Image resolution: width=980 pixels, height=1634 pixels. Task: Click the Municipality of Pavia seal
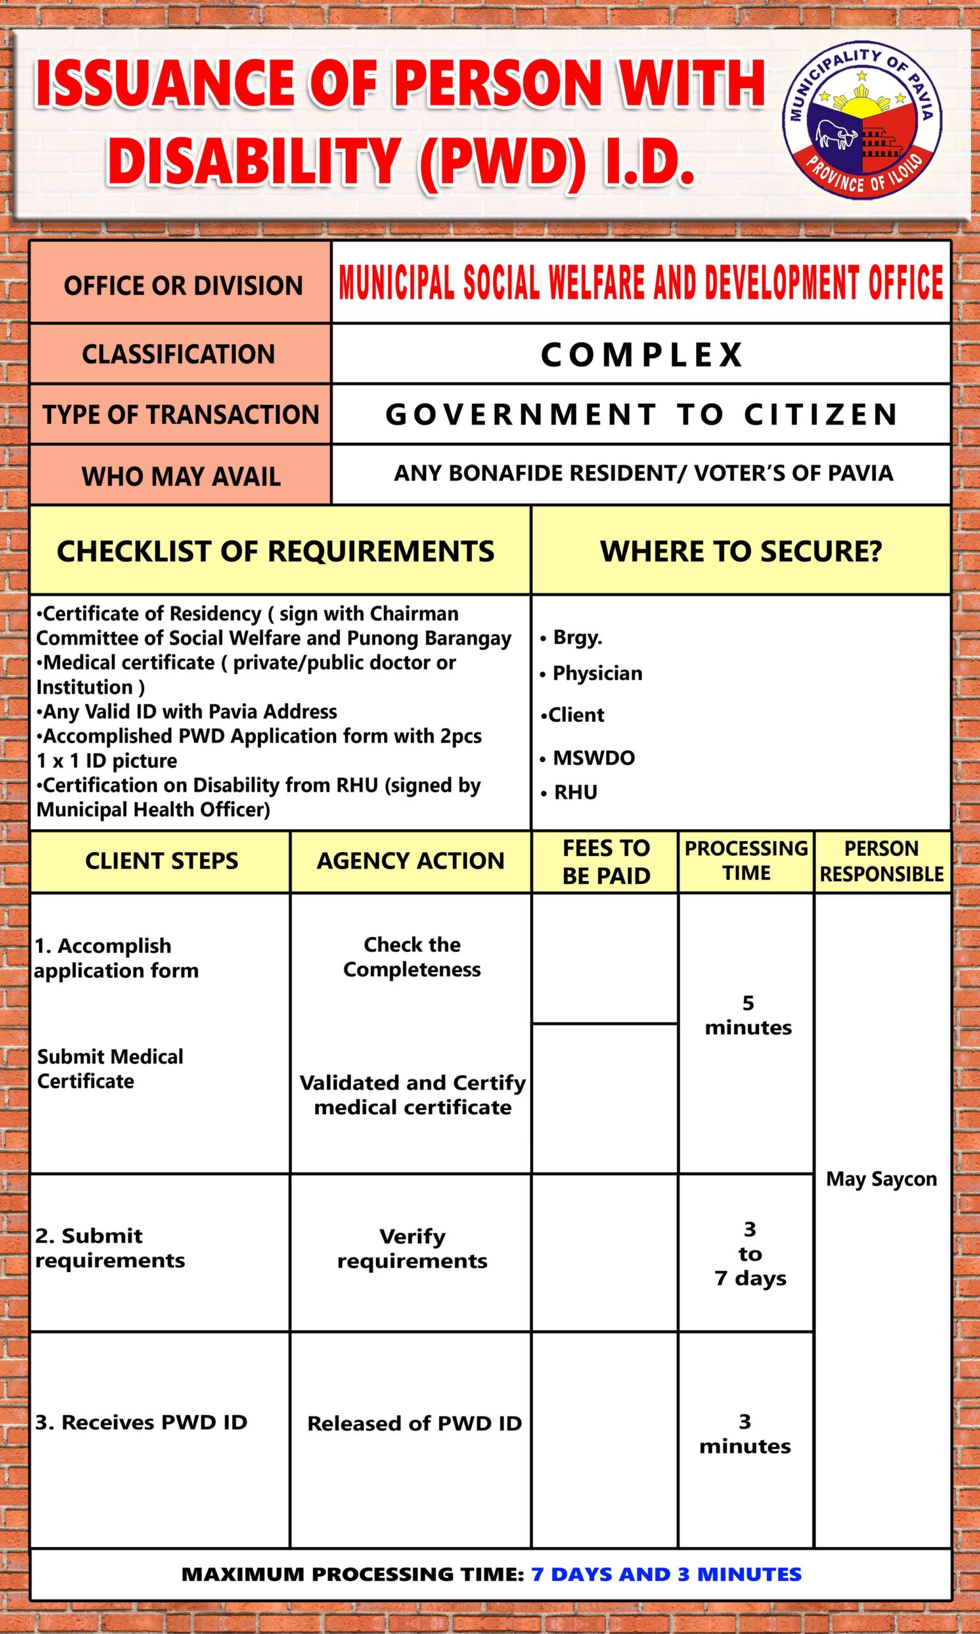click(862, 124)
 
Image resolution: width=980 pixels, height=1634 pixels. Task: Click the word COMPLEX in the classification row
click(641, 355)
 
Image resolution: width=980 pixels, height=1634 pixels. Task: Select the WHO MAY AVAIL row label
click(181, 476)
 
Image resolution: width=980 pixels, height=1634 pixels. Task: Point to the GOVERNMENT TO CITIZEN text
click(641, 415)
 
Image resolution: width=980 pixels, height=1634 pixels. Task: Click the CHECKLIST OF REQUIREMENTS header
click(276, 551)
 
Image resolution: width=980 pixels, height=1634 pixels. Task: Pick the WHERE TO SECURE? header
click(741, 551)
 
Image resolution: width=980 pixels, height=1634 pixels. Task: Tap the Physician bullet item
click(597, 673)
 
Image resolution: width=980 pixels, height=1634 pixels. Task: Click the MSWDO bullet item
click(593, 758)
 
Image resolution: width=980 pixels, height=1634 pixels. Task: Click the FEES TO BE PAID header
click(605, 861)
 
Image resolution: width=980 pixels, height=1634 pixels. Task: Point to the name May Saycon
click(881, 1178)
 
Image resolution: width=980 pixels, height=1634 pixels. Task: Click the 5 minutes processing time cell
click(748, 1015)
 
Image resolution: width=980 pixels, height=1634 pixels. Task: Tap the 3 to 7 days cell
click(750, 1254)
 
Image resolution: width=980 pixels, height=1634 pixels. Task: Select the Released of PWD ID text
click(414, 1423)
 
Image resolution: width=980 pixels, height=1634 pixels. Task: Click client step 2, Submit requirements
click(110, 1248)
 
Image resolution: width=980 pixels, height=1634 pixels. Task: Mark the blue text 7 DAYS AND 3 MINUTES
click(665, 1574)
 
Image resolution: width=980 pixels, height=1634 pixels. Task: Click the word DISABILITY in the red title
click(254, 160)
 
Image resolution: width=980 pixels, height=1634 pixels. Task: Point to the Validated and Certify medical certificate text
click(413, 1095)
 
